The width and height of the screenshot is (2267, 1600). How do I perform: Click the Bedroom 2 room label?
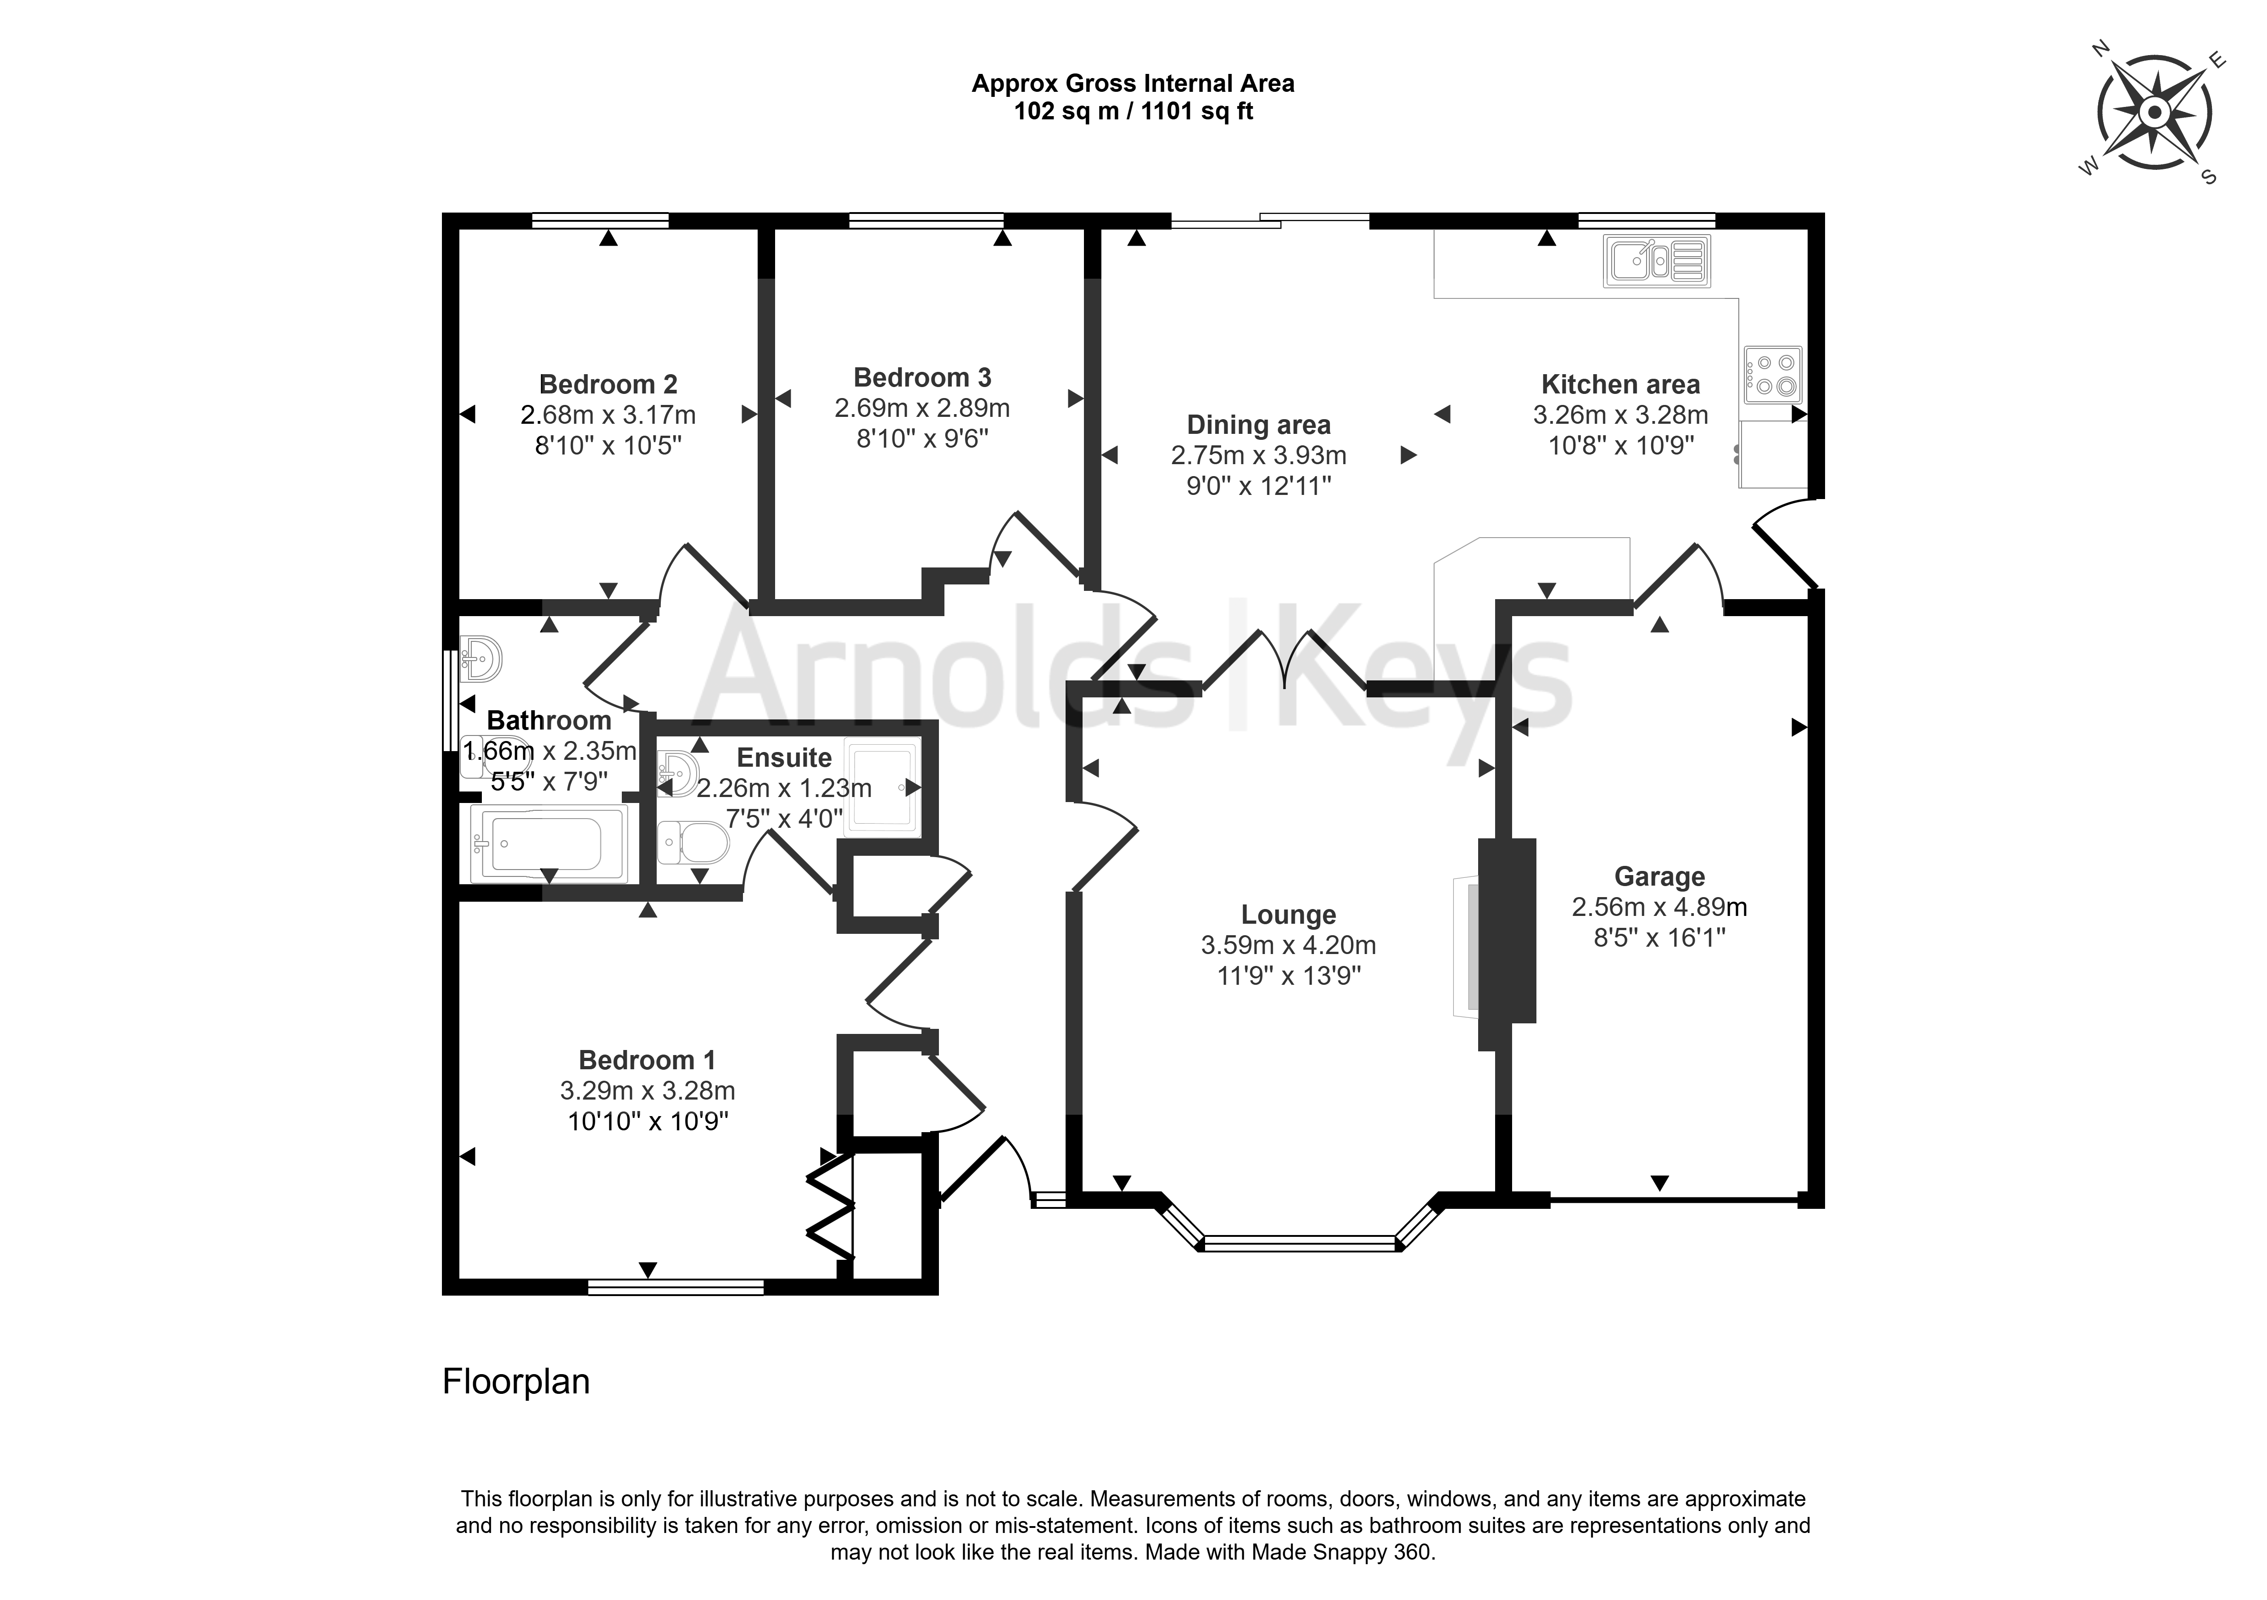click(x=608, y=384)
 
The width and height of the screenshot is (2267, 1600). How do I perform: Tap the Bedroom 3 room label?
click(x=922, y=377)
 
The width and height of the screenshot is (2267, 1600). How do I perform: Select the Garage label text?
click(x=1660, y=876)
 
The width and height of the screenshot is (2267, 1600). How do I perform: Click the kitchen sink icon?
click(x=1657, y=261)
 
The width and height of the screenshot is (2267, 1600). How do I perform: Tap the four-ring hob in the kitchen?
click(x=1772, y=375)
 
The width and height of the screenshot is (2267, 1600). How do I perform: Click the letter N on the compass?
click(x=2098, y=76)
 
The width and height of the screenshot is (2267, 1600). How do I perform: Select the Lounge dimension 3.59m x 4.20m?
click(x=1289, y=945)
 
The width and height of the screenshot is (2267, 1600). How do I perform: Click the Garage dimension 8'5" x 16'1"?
click(x=1660, y=938)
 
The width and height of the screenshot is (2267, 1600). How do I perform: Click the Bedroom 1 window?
click(x=676, y=1287)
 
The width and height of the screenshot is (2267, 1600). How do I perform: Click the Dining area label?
click(x=1259, y=425)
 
